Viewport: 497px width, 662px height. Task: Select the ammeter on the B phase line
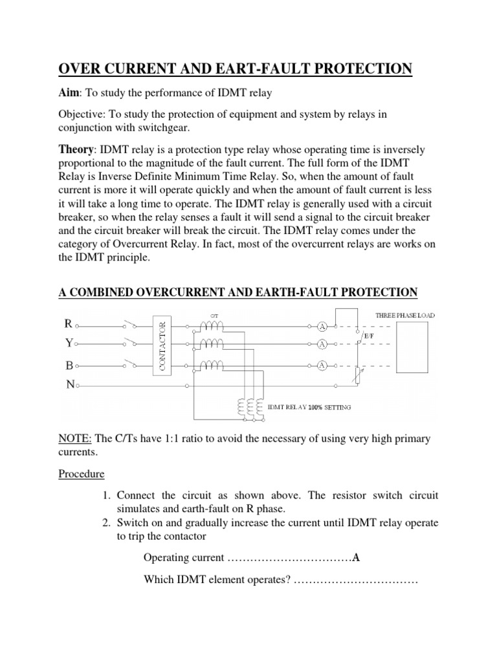[322, 366]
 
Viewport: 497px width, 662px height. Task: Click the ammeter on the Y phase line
[322, 345]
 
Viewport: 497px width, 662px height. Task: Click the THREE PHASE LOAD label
[406, 315]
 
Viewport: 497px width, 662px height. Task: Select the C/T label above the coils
[214, 315]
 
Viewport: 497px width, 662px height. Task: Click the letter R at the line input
[68, 323]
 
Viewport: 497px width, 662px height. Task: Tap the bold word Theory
[76, 149]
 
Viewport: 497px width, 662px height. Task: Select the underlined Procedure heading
[82, 474]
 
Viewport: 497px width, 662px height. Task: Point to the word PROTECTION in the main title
[355, 69]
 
